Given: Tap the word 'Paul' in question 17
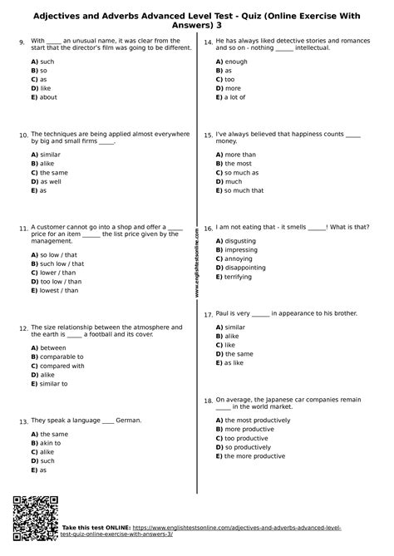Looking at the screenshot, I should pyautogui.click(x=223, y=313).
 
